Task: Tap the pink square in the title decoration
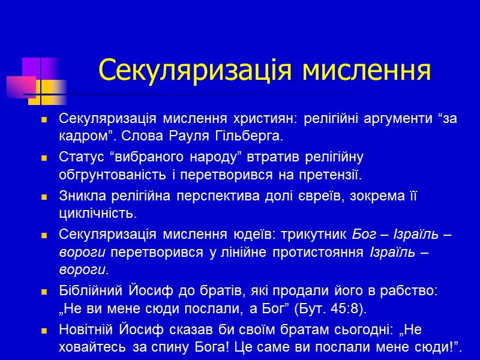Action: click(x=21, y=87)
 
